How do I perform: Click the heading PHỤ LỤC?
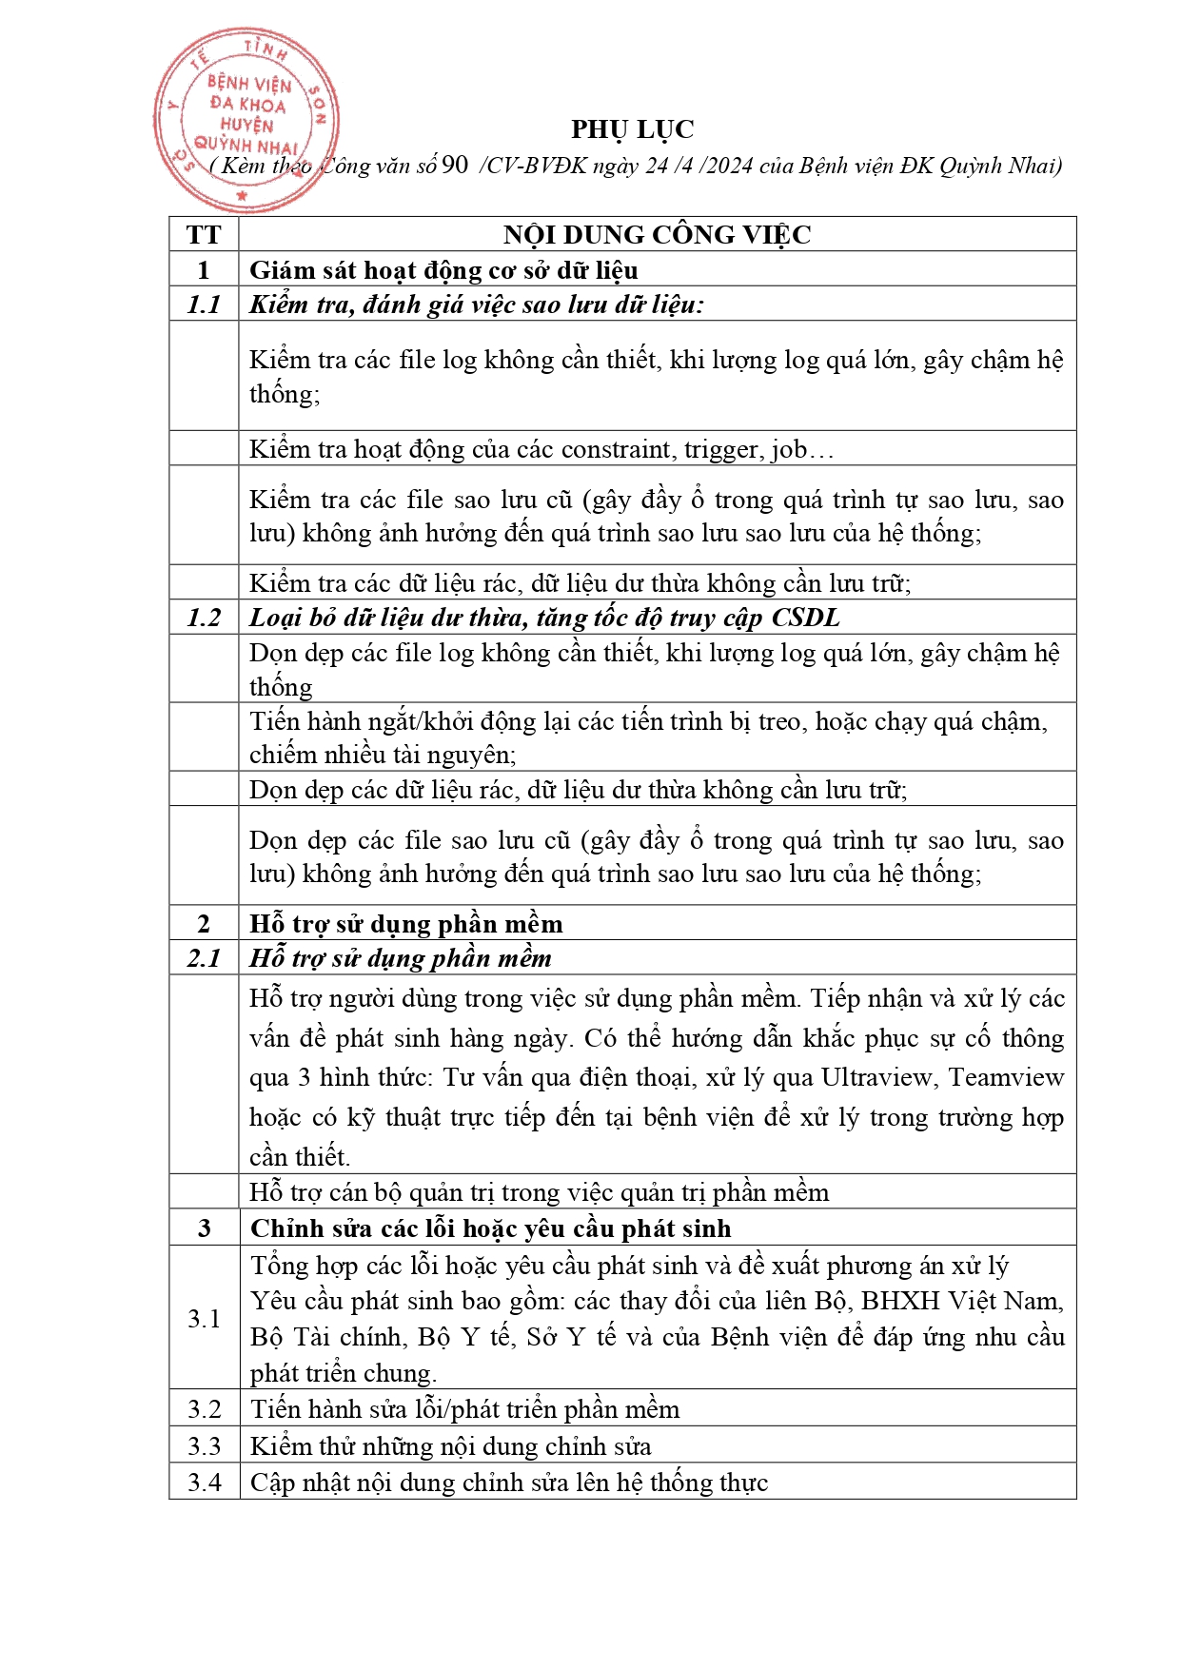tap(632, 129)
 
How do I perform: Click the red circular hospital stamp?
tap(246, 119)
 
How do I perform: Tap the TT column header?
tap(204, 235)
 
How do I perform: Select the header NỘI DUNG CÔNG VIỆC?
tap(657, 235)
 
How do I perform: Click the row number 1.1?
tap(204, 305)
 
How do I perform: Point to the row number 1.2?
tap(204, 618)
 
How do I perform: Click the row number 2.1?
tap(204, 958)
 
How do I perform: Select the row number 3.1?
tap(204, 1319)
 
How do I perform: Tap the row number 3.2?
tap(204, 1409)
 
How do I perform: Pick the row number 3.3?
tap(204, 1446)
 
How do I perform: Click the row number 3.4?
tap(204, 1483)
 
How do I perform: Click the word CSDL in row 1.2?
tap(805, 618)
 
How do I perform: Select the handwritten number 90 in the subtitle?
tap(455, 165)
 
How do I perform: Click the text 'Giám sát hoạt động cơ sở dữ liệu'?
tap(443, 270)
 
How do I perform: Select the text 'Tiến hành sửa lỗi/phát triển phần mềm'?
tap(465, 1409)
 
